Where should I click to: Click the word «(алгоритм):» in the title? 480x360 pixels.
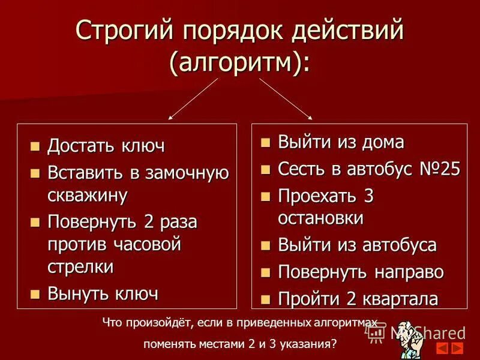[x=240, y=61]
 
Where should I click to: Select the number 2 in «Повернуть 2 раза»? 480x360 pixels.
[x=149, y=223]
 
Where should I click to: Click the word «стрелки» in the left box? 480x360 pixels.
[x=80, y=266]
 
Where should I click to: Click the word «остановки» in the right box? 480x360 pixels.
[x=320, y=218]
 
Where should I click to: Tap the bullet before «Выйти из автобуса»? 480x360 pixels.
[x=266, y=245]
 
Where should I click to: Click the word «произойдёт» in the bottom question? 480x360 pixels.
[x=159, y=323]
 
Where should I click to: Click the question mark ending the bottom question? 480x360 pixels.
[x=334, y=345]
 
